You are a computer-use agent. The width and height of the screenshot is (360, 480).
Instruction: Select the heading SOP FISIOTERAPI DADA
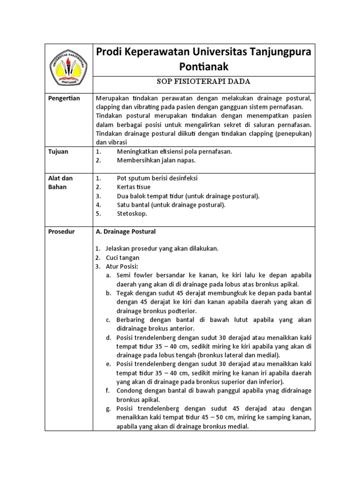[204, 82]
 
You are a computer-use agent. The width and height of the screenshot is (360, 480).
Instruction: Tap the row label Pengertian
[65, 98]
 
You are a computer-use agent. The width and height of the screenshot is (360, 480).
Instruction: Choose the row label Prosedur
[61, 232]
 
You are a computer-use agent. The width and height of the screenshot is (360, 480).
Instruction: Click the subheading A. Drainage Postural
[126, 232]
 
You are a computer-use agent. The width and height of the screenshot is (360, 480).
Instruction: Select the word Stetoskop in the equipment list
[132, 213]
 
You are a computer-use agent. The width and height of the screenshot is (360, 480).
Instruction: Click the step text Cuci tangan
[122, 257]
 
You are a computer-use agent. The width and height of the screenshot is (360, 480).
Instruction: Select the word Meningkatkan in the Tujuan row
[139, 151]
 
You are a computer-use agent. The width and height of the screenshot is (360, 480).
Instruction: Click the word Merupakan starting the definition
[112, 98]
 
